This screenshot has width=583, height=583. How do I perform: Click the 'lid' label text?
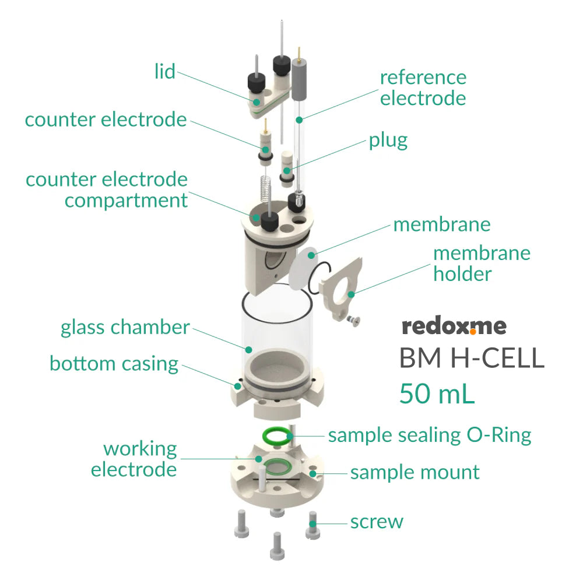165,72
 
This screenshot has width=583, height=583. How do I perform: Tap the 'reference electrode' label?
423,87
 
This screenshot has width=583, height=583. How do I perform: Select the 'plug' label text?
388,141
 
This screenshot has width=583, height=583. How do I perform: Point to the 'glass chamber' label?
125,327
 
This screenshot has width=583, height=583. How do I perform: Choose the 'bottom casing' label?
114,363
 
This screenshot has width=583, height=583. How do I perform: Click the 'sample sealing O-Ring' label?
430,435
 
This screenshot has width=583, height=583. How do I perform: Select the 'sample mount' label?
415,472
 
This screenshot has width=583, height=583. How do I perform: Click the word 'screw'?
377,521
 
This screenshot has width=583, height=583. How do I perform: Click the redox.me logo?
454,326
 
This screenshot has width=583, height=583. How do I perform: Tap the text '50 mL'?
437,394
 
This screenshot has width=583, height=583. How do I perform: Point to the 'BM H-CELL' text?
471,358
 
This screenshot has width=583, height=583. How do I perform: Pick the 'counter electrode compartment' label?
107,189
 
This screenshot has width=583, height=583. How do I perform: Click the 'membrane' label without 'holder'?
442,224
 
